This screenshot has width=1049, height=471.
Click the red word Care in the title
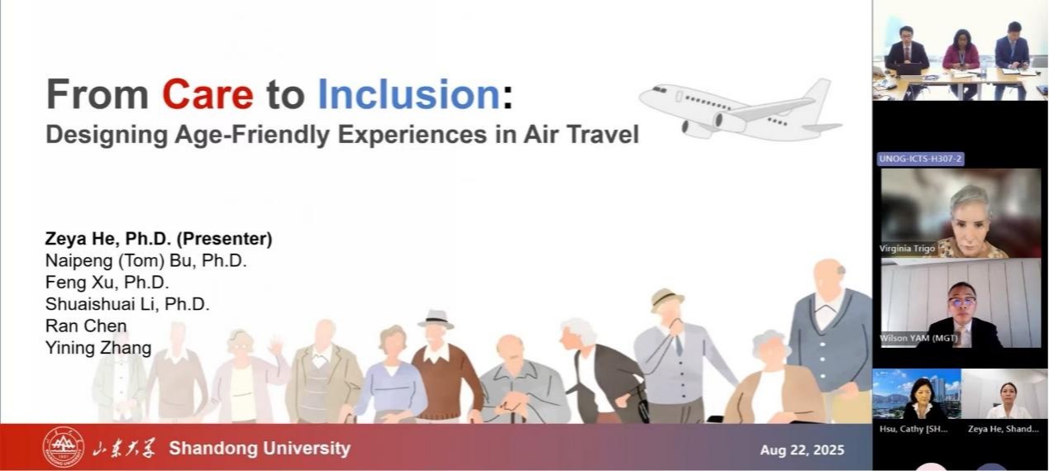(x=208, y=94)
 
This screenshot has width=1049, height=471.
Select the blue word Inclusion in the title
(x=409, y=94)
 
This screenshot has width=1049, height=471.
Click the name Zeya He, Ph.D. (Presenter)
(x=158, y=239)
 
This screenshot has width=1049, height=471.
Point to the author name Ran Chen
(x=86, y=326)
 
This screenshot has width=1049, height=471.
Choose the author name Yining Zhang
(x=98, y=348)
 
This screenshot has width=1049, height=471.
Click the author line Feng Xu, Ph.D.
(x=107, y=283)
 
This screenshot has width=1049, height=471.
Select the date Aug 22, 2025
(x=802, y=450)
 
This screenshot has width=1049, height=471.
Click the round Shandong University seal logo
(x=64, y=448)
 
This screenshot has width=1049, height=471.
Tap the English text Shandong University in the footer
(x=260, y=448)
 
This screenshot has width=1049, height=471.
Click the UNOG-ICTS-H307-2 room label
(x=920, y=159)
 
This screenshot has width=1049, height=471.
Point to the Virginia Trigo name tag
(x=907, y=249)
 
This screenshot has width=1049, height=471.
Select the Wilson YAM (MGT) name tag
(x=918, y=338)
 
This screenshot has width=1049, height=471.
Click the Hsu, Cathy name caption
(x=913, y=429)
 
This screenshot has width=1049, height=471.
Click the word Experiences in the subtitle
(x=412, y=136)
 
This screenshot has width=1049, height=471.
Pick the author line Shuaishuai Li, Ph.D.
(x=127, y=304)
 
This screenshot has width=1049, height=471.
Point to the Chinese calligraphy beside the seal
(x=124, y=448)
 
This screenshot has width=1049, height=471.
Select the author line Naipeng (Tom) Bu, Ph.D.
(x=146, y=261)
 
